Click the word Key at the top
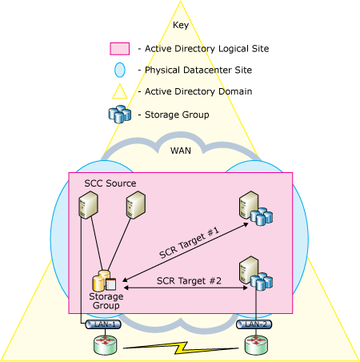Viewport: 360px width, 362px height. point(180,25)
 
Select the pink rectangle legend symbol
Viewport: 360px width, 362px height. point(119,49)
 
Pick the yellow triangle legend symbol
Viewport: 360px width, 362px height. point(119,92)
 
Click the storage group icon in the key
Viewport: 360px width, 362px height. point(119,115)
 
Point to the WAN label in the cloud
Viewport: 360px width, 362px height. point(181,150)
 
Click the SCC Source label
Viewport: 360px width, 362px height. point(110,183)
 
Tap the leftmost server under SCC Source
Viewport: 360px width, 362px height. point(87,207)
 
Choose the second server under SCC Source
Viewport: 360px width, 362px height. point(134,207)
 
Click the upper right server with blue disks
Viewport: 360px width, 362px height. point(251,209)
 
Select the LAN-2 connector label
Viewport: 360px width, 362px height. point(255,324)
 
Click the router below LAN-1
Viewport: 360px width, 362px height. point(103,345)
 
